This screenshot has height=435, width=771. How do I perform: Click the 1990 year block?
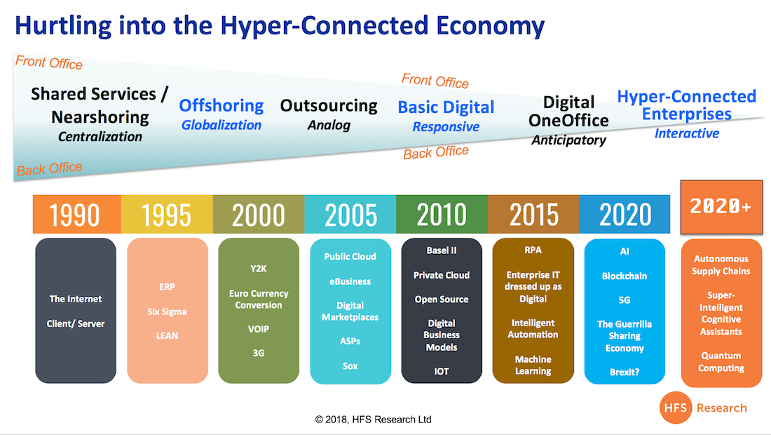pos(76,214)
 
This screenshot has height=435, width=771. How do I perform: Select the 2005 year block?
pos(350,214)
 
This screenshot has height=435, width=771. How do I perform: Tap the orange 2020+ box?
pos(721,207)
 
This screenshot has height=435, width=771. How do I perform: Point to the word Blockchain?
pos(624,276)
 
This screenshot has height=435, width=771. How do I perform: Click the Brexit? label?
pos(625,372)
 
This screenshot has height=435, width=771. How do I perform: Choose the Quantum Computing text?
pos(721,361)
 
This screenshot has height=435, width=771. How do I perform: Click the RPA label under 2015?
pos(533,250)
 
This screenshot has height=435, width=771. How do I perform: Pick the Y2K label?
pos(258,269)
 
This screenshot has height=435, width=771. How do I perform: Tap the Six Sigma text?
pos(167,312)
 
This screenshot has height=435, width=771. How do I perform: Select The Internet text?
pos(75,299)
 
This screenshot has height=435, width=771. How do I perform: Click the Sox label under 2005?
pos(350,366)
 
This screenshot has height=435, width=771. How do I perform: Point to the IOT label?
pos(441,372)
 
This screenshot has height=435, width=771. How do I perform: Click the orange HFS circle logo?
pos(676,408)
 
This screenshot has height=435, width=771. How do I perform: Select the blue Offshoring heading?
pos(221,105)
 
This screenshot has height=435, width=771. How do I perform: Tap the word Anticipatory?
pos(568,140)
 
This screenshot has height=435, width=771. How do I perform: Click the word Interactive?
pos(686,133)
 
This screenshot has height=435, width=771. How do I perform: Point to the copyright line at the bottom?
pos(373,420)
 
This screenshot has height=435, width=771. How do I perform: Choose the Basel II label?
pos(441,250)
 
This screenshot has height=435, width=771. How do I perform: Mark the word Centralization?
pos(100,136)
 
